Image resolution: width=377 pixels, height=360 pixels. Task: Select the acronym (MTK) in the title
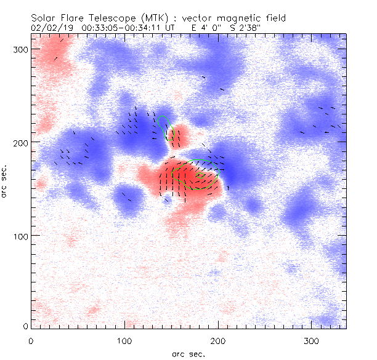[x=148, y=18]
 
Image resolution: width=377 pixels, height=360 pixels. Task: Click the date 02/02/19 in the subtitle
[x=49, y=27]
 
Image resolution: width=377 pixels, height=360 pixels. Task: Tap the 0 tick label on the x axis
[x=31, y=340]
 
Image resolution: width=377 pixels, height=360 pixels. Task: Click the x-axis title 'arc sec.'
[x=188, y=354]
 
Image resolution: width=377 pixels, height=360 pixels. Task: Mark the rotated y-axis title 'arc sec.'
[x=5, y=181]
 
